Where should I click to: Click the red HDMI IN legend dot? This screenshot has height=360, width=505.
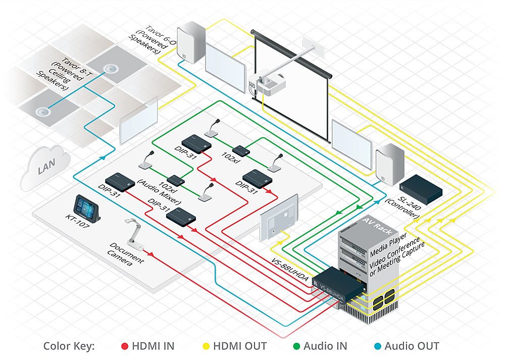click(x=125, y=346)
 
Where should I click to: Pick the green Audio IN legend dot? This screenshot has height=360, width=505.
click(x=296, y=346)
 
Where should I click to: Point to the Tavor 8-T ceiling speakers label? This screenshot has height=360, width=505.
click(x=63, y=74)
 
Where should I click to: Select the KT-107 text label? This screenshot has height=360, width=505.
click(x=77, y=223)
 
